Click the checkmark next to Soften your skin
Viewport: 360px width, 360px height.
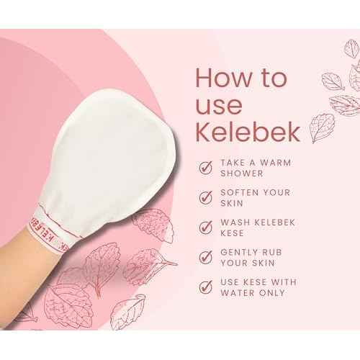coord(206,199)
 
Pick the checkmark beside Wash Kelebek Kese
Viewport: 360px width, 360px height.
coord(206,228)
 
